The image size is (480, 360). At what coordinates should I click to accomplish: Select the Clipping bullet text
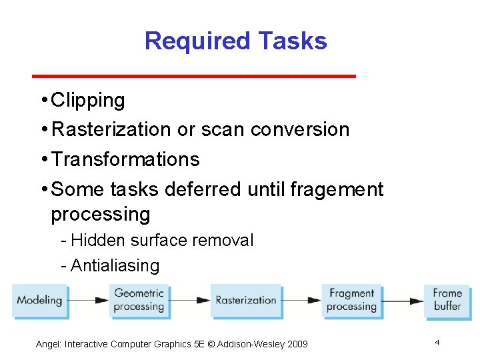tap(87, 101)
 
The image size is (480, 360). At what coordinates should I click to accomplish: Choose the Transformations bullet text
tap(125, 159)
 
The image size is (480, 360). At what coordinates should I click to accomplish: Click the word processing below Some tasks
tap(100, 215)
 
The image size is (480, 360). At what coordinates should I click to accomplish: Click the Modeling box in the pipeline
tap(40, 301)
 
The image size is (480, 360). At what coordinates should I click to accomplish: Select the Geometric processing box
tap(139, 300)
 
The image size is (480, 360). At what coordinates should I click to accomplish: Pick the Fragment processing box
tap(351, 300)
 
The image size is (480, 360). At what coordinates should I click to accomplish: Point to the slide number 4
tap(437, 342)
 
